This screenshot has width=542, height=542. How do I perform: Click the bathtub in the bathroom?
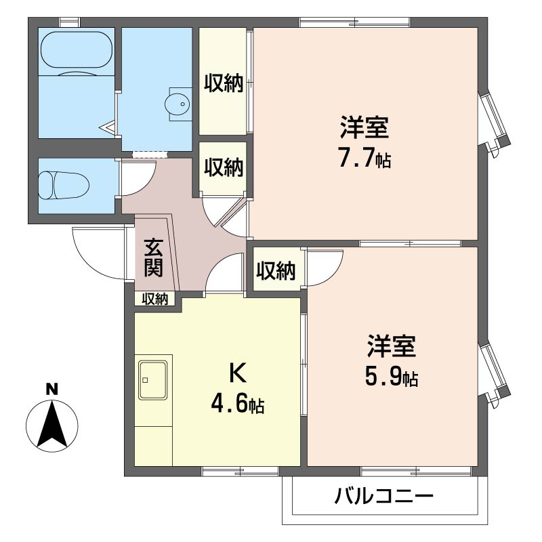(x=75, y=51)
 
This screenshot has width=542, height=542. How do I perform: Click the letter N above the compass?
(x=50, y=389)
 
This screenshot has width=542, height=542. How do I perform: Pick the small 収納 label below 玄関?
(x=154, y=299)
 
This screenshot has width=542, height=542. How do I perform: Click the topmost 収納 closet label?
(x=224, y=84)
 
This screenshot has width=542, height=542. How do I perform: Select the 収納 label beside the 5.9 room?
(x=276, y=271)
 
